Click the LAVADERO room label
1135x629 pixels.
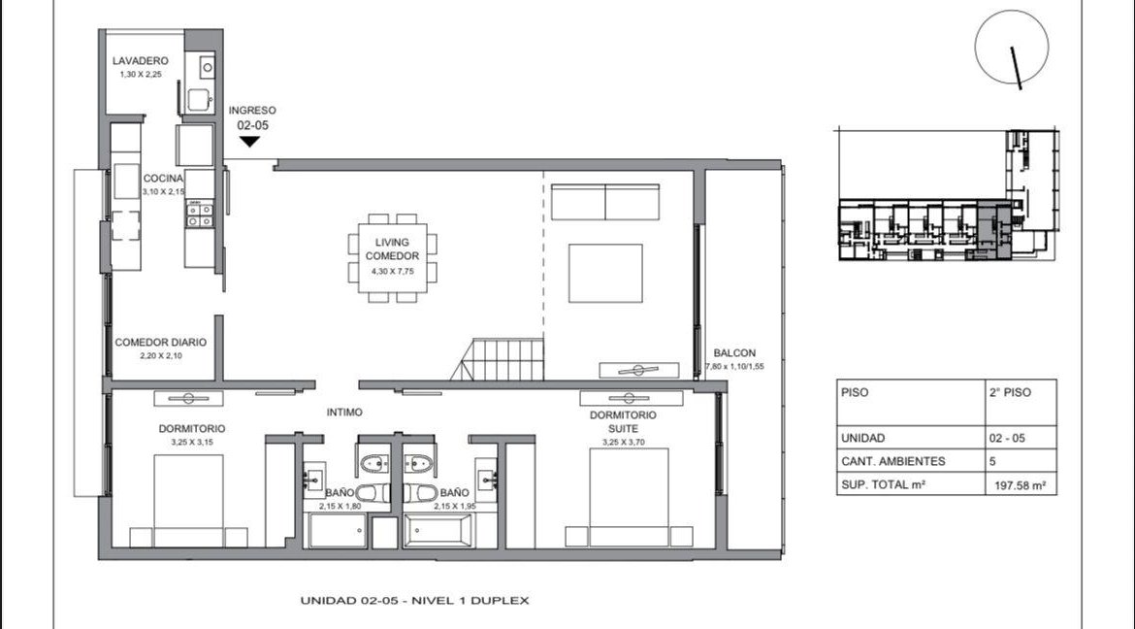click(141, 61)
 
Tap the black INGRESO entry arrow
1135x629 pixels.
click(249, 142)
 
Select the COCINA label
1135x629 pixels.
click(163, 179)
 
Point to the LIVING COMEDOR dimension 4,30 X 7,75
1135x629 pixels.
click(392, 271)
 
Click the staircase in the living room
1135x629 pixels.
click(498, 359)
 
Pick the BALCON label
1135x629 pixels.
click(734, 353)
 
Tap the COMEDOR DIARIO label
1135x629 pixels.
click(161, 342)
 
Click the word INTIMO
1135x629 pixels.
click(344, 413)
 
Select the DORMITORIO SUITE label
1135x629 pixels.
click(623, 421)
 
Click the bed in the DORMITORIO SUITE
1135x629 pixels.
click(629, 497)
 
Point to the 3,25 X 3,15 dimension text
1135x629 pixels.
click(192, 442)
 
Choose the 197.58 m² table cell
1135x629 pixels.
click(1021, 485)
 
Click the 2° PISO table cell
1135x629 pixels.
click(1011, 393)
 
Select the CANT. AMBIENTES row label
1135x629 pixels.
click(893, 462)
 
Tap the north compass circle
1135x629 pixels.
click(1011, 47)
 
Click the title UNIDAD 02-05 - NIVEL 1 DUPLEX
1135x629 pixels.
click(415, 600)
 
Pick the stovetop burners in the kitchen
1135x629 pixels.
click(200, 215)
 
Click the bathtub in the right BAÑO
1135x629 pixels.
click(438, 531)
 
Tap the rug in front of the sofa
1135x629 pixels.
click(605, 273)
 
